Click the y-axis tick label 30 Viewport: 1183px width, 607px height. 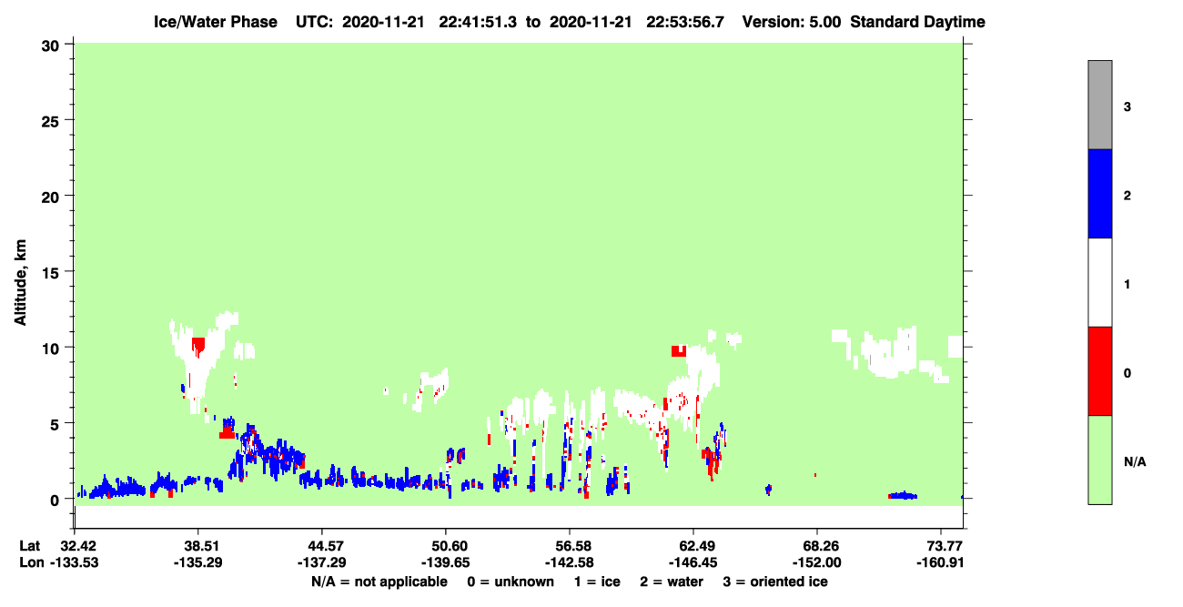point(50,46)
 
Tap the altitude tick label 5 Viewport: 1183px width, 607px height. point(55,425)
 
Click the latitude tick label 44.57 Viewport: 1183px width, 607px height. point(321,546)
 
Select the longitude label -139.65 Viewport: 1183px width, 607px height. point(445,562)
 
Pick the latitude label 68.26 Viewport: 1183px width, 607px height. point(817,546)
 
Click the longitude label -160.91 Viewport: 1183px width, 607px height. point(941,562)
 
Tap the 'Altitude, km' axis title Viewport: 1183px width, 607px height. point(20,283)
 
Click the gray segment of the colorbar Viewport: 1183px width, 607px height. point(1099,105)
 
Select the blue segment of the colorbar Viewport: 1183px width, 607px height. point(1099,193)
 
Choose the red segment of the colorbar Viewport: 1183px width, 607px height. point(1099,371)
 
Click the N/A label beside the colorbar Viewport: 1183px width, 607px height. point(1135,462)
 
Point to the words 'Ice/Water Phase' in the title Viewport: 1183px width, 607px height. point(216,22)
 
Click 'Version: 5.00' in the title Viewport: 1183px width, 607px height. point(791,22)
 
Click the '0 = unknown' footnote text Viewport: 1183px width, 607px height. point(511,582)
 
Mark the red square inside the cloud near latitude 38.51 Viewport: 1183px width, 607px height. point(198,345)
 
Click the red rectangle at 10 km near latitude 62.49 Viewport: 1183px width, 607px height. point(679,351)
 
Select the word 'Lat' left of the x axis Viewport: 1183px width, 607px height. point(29,546)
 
